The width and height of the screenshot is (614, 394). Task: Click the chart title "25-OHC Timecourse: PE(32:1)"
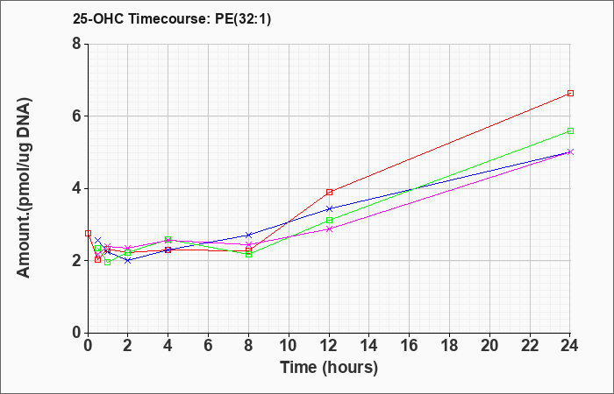coord(172,18)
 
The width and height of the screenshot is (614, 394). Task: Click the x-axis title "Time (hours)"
coord(329,368)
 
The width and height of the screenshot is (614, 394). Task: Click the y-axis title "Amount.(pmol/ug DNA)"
coord(25,187)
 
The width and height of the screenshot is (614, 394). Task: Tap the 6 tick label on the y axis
coord(76,116)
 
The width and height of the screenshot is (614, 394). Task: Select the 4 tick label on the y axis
coord(76,188)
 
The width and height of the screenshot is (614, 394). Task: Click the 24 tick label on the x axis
coord(569,345)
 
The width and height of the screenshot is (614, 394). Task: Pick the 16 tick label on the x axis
coord(410,345)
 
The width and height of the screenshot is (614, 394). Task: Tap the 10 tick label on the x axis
coord(289,345)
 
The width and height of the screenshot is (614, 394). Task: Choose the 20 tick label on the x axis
coord(489,345)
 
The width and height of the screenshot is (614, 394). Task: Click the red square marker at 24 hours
coord(570,93)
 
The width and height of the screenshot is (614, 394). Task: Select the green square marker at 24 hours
coord(570,131)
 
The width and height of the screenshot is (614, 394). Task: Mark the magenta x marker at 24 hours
coord(570,152)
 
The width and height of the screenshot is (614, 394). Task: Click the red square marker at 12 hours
coord(329,192)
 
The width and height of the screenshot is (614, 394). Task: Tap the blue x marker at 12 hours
coord(329,208)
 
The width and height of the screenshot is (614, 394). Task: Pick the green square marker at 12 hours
coord(329,221)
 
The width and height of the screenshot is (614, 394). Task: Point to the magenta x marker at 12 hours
coord(329,229)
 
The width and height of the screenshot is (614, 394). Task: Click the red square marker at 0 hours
coord(88,234)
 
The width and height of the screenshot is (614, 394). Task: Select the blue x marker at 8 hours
coord(248,235)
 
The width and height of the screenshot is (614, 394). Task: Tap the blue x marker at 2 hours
coord(128,260)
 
